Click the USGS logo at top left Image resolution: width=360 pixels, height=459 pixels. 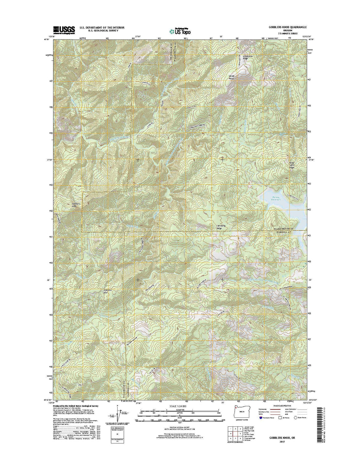tap(64, 30)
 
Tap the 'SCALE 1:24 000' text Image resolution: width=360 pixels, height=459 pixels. tap(180, 406)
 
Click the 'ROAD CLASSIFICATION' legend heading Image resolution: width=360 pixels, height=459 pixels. tap(281, 406)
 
